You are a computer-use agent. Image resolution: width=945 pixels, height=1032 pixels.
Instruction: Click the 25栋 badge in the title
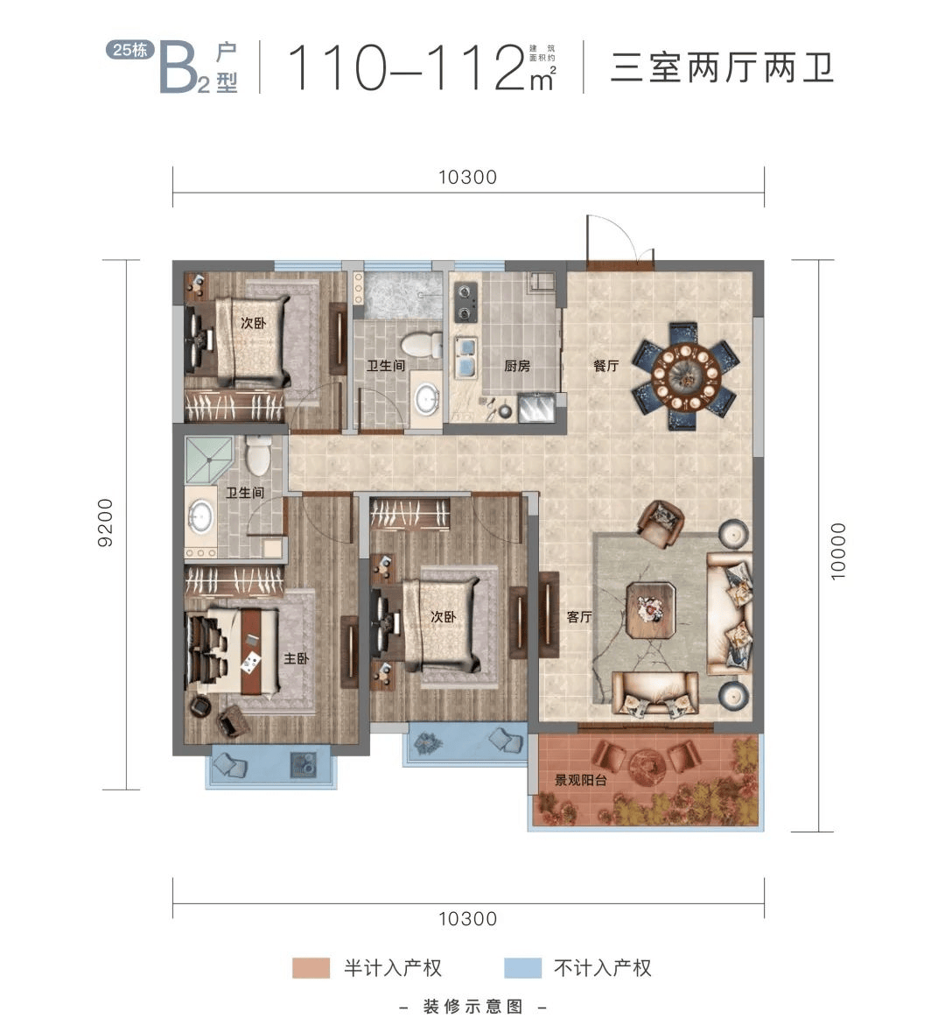point(129,50)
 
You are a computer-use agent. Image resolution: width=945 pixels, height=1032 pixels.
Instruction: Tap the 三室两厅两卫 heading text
point(722,68)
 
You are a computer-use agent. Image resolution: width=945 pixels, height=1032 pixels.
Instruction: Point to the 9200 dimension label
point(105,523)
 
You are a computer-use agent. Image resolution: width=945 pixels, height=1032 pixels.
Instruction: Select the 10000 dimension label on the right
point(837,551)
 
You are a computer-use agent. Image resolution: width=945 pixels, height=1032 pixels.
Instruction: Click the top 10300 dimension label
point(468,177)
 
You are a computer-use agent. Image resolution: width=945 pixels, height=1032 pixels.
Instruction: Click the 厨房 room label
point(517,365)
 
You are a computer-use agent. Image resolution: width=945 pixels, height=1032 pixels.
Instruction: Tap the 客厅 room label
point(579,617)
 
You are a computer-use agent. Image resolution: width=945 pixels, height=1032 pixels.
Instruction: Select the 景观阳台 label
point(580,780)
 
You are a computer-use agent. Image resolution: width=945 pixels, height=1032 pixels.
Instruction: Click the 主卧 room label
point(296,658)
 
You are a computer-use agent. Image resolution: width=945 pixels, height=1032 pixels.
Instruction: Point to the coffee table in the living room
point(651,610)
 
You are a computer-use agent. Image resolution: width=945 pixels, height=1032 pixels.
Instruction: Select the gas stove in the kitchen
point(465,301)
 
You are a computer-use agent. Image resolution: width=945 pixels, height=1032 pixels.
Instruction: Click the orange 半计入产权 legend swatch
point(311,967)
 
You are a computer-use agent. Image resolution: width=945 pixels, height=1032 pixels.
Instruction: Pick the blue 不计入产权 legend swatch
point(522,967)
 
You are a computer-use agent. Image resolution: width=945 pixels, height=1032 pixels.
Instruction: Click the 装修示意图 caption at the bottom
point(473,1007)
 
